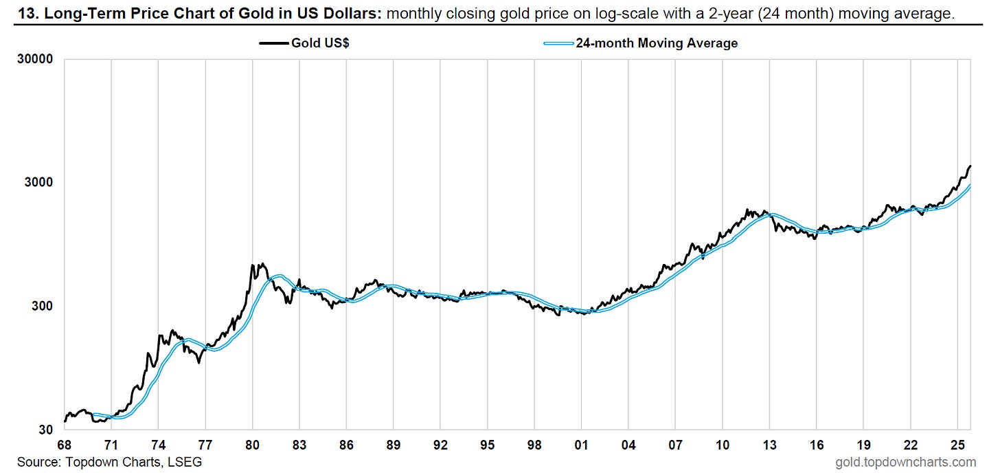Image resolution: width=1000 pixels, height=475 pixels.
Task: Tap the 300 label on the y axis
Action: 42,307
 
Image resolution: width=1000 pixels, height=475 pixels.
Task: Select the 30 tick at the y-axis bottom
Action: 45,430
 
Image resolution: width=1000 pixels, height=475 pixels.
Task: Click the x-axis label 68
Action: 64,444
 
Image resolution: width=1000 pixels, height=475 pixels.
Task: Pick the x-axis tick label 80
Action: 252,444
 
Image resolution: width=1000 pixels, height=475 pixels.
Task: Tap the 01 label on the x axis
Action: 582,444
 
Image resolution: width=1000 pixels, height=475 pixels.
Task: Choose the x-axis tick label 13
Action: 770,444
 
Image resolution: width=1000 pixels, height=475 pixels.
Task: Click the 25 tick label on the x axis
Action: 958,444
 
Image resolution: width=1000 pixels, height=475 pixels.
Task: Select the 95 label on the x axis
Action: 488,444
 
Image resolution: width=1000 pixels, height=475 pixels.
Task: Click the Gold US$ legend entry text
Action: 320,43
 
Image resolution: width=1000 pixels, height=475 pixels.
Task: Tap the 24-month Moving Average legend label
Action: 657,43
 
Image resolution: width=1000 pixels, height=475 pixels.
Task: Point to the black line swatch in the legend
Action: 274,43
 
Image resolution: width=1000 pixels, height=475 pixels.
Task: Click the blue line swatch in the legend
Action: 558,43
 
